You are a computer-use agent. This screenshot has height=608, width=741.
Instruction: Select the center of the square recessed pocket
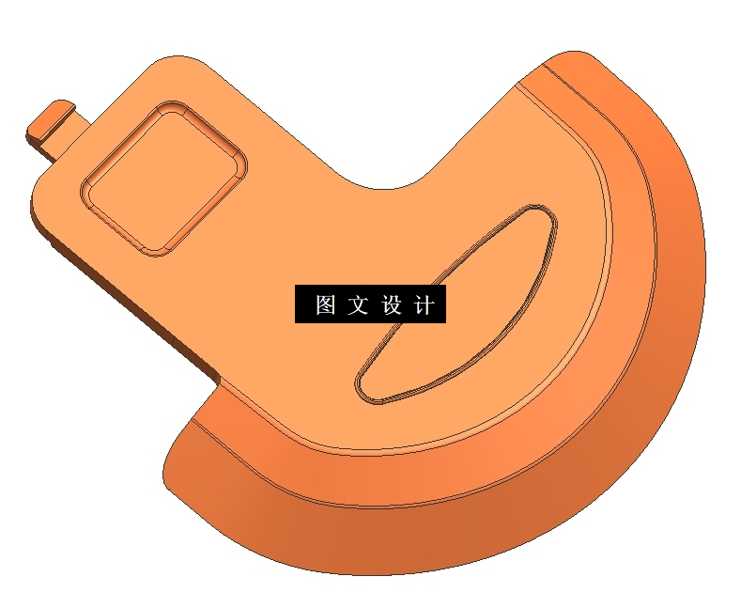click(x=165, y=178)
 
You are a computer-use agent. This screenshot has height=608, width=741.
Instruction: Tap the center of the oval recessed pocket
click(x=456, y=304)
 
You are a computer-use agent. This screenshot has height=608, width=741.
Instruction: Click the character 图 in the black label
click(x=325, y=305)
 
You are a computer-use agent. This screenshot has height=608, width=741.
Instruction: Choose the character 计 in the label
click(x=424, y=305)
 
